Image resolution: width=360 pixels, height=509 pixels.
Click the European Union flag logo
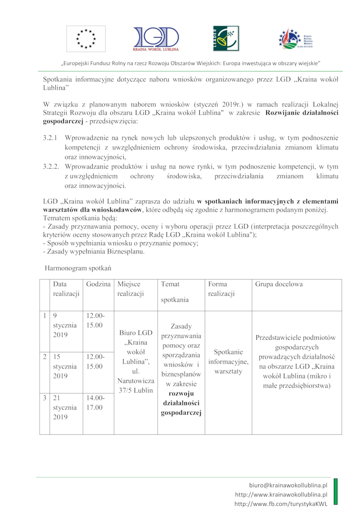(86, 39)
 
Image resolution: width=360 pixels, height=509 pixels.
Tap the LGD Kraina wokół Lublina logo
(156, 39)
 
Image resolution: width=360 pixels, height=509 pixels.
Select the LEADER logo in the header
(226, 38)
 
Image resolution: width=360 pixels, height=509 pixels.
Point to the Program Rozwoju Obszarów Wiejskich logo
(295, 39)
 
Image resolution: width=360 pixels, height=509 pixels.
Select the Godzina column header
(98, 284)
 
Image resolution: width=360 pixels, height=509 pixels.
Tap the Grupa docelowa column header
(279, 284)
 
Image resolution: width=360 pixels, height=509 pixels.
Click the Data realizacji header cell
(66, 289)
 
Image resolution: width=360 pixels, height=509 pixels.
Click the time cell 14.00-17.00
(94, 403)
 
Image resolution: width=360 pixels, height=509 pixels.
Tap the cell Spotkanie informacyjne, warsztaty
(228, 362)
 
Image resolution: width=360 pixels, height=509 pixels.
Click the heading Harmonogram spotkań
(78, 268)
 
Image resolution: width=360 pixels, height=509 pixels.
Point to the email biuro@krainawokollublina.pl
(288, 486)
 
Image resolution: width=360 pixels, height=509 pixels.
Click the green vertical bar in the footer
(335, 493)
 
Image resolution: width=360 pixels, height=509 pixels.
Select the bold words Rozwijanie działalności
(302, 113)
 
